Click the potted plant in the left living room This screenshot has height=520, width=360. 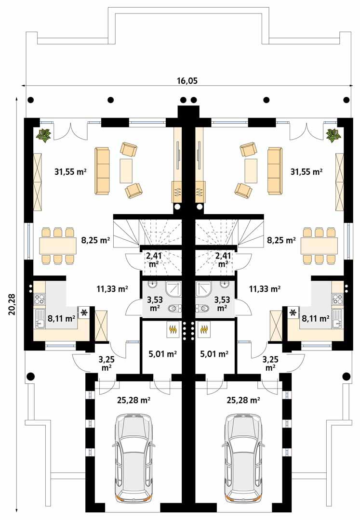tap(45, 135)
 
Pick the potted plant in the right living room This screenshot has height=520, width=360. tap(332, 135)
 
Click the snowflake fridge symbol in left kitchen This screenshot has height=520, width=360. tap(84, 313)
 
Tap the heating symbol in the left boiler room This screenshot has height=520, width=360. tap(172, 330)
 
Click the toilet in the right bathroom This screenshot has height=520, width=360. tap(204, 308)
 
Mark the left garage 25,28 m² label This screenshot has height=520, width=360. tap(133, 400)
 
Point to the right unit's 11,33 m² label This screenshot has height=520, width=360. tap(265, 289)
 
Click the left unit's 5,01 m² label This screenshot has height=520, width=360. tap(161, 354)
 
